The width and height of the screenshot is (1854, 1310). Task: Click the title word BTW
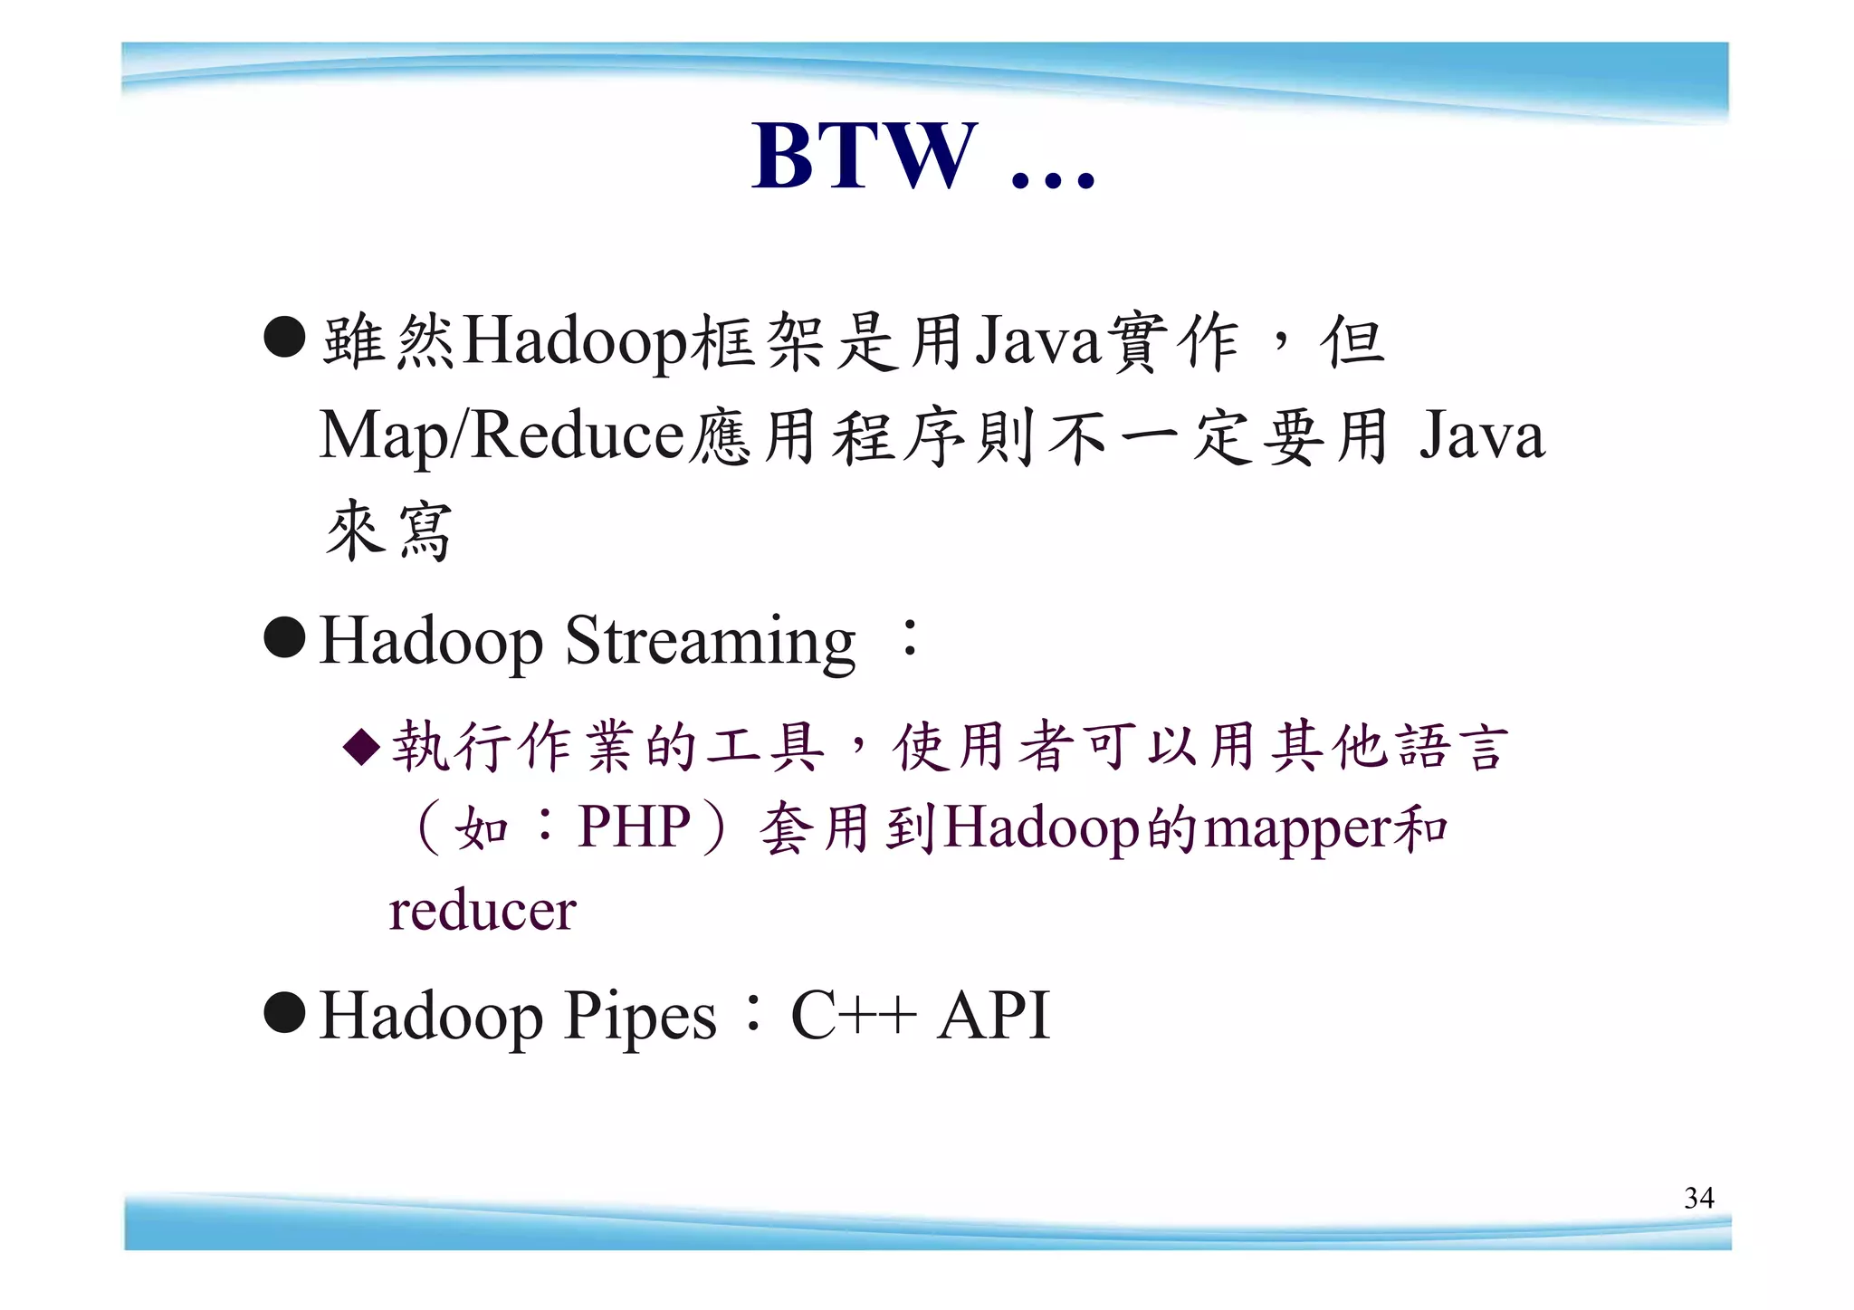point(865,156)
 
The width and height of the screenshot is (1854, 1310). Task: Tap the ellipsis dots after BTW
point(1052,177)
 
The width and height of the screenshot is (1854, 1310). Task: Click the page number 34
point(1698,1198)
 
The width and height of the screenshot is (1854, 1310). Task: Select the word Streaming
point(710,642)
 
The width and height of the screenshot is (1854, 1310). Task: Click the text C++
point(853,1016)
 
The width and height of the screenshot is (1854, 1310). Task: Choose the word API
point(993,1016)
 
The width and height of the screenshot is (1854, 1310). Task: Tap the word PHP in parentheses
point(635,826)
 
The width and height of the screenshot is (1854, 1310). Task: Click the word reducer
point(483,910)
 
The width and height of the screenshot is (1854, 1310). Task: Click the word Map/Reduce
point(502,436)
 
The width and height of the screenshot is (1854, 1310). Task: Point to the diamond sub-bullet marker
point(361,748)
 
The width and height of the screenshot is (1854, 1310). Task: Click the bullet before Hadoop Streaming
point(284,637)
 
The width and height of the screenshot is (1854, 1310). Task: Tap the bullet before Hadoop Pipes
point(284,1011)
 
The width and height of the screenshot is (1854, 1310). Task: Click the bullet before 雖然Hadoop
point(284,337)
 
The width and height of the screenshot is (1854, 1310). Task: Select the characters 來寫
point(388,531)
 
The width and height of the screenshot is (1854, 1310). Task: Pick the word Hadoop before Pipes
point(431,1016)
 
